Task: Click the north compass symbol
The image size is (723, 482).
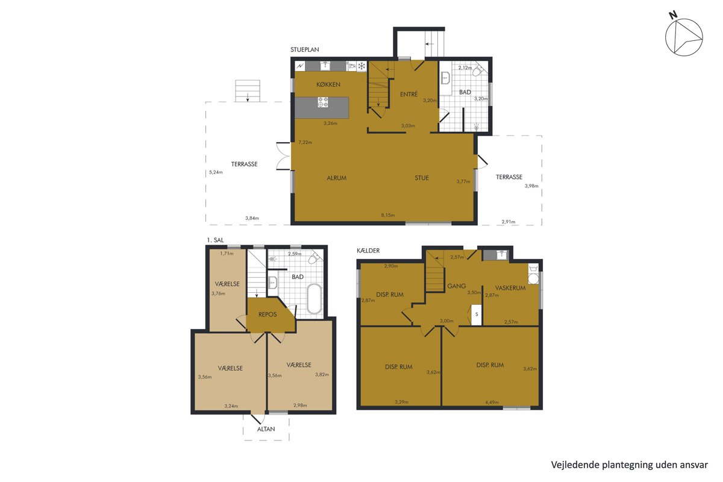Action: point(684,37)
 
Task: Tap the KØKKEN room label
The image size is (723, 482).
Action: point(328,84)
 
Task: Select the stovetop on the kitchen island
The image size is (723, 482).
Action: point(323,102)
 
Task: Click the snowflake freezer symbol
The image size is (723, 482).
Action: point(361,66)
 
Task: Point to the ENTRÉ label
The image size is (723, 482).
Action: point(408,94)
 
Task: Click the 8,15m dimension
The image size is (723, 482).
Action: point(387,215)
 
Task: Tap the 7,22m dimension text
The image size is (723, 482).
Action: point(305,142)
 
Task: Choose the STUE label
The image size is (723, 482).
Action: point(422,178)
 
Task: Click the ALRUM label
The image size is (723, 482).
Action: point(336,178)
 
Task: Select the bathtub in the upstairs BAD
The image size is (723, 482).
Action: point(314,299)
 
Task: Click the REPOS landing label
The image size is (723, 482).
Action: point(268,315)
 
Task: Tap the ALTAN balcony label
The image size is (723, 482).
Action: point(266,429)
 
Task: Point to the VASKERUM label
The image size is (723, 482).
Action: point(510,288)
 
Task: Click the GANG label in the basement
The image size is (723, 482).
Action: point(457,286)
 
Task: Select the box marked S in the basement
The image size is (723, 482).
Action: point(477,315)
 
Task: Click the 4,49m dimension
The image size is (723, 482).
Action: point(492,402)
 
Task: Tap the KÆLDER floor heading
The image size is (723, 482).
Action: point(368,251)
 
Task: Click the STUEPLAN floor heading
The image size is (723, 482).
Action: point(304,49)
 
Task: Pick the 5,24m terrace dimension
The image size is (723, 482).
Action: point(216,172)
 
